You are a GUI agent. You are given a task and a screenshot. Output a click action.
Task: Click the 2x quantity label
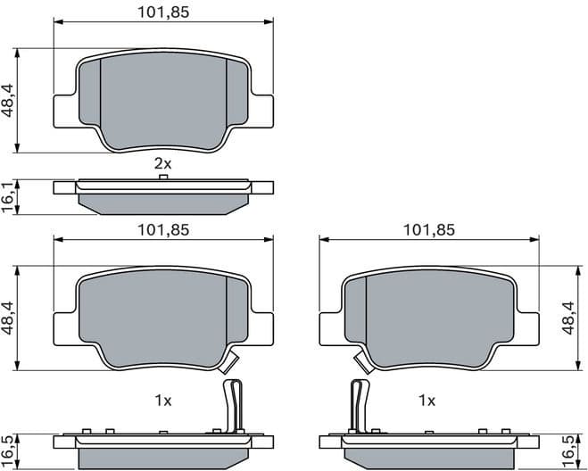pos(161,163)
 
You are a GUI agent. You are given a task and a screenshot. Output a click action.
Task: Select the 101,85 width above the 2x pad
pos(162,12)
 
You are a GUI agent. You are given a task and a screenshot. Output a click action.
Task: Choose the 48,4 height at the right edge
pos(568,317)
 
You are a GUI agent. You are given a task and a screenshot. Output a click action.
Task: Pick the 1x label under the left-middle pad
pos(161,401)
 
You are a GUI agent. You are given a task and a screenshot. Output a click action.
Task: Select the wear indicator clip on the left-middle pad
pos(229,362)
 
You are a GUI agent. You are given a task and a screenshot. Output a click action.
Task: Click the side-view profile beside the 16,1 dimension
pos(163,197)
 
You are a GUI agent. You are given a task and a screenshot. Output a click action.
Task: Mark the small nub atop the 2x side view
pos(163,178)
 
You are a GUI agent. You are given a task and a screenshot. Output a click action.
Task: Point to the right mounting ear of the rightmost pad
pos(527,326)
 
